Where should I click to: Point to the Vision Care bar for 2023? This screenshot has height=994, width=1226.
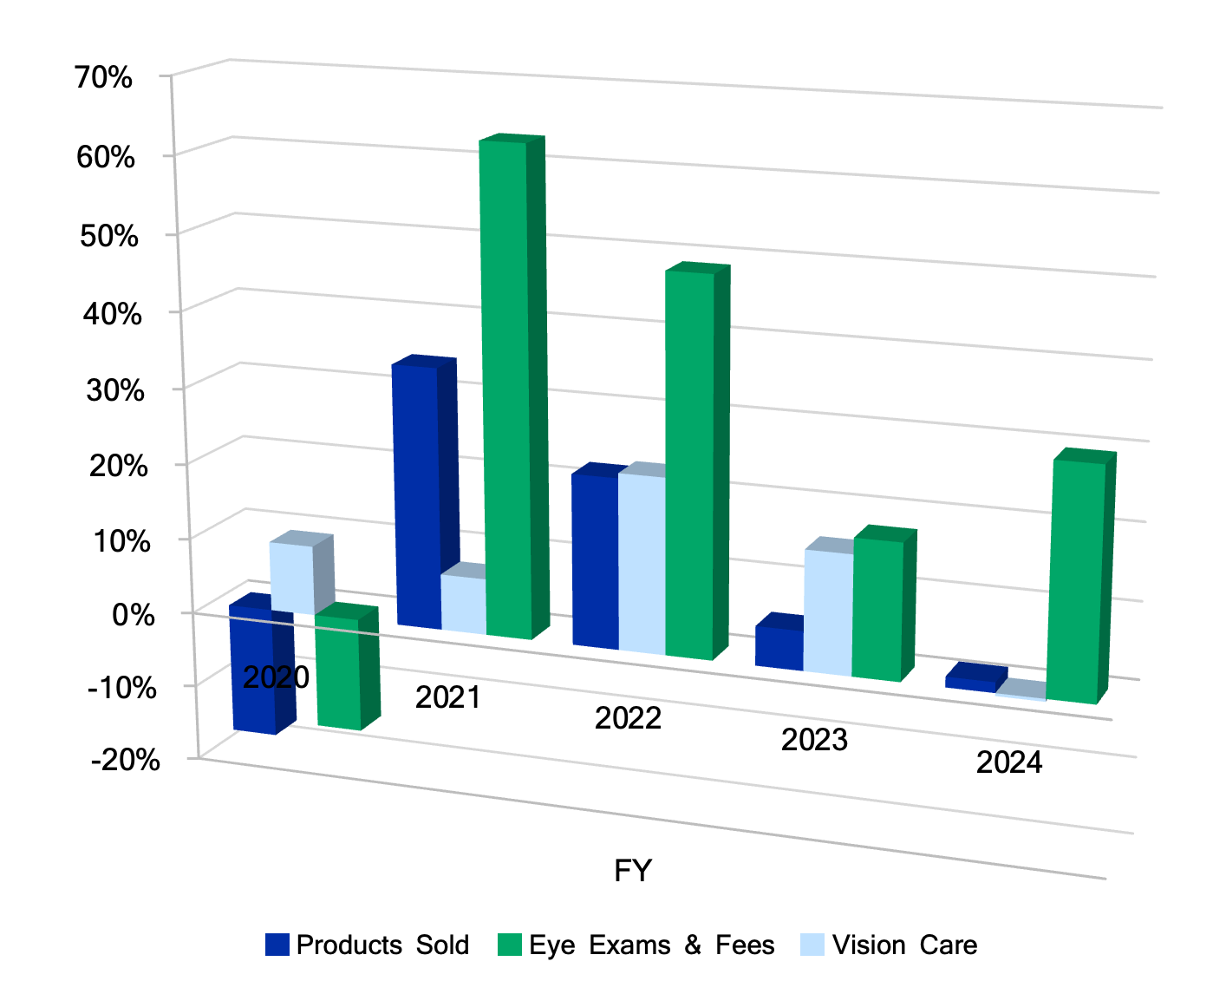[828, 611]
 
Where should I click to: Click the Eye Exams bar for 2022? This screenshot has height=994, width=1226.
[690, 464]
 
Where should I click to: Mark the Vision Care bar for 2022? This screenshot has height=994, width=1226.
[642, 564]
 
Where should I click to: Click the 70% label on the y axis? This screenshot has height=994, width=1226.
[104, 78]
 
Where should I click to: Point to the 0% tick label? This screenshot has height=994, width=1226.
[134, 615]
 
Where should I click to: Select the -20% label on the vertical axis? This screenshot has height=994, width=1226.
[127, 761]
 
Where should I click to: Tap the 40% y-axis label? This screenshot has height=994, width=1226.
[113, 313]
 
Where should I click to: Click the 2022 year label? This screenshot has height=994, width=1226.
[628, 719]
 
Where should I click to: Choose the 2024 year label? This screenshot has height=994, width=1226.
[1009, 763]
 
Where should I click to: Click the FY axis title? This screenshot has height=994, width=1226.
[633, 871]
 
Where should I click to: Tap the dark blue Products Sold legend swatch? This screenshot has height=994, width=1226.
[277, 945]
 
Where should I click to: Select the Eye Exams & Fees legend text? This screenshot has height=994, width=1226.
[651, 945]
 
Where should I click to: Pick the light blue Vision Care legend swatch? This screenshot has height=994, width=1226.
[812, 945]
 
